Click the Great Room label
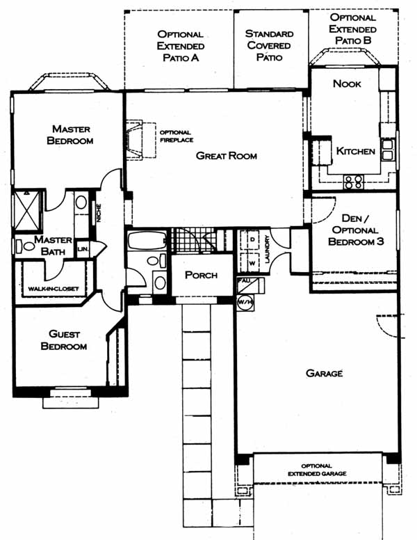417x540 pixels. (x=227, y=156)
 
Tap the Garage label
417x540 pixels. (x=324, y=373)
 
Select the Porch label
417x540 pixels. (x=202, y=275)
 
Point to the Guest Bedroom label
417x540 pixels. (x=64, y=340)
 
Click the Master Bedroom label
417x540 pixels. (x=70, y=135)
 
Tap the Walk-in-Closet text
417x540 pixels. (x=54, y=289)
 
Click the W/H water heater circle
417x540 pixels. (x=245, y=303)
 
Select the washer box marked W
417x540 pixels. (x=252, y=263)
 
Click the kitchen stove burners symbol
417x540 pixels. (x=354, y=182)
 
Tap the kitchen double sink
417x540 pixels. (x=388, y=150)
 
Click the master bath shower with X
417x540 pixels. (x=27, y=209)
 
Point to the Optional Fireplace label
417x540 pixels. (x=177, y=136)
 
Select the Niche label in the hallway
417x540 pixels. (x=99, y=213)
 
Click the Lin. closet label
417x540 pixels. (x=83, y=248)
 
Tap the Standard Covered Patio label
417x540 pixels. (x=270, y=45)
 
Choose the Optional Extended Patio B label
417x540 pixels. (x=352, y=29)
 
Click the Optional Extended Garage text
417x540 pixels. (x=317, y=470)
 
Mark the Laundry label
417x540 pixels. (x=268, y=249)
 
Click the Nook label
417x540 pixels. (x=347, y=84)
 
